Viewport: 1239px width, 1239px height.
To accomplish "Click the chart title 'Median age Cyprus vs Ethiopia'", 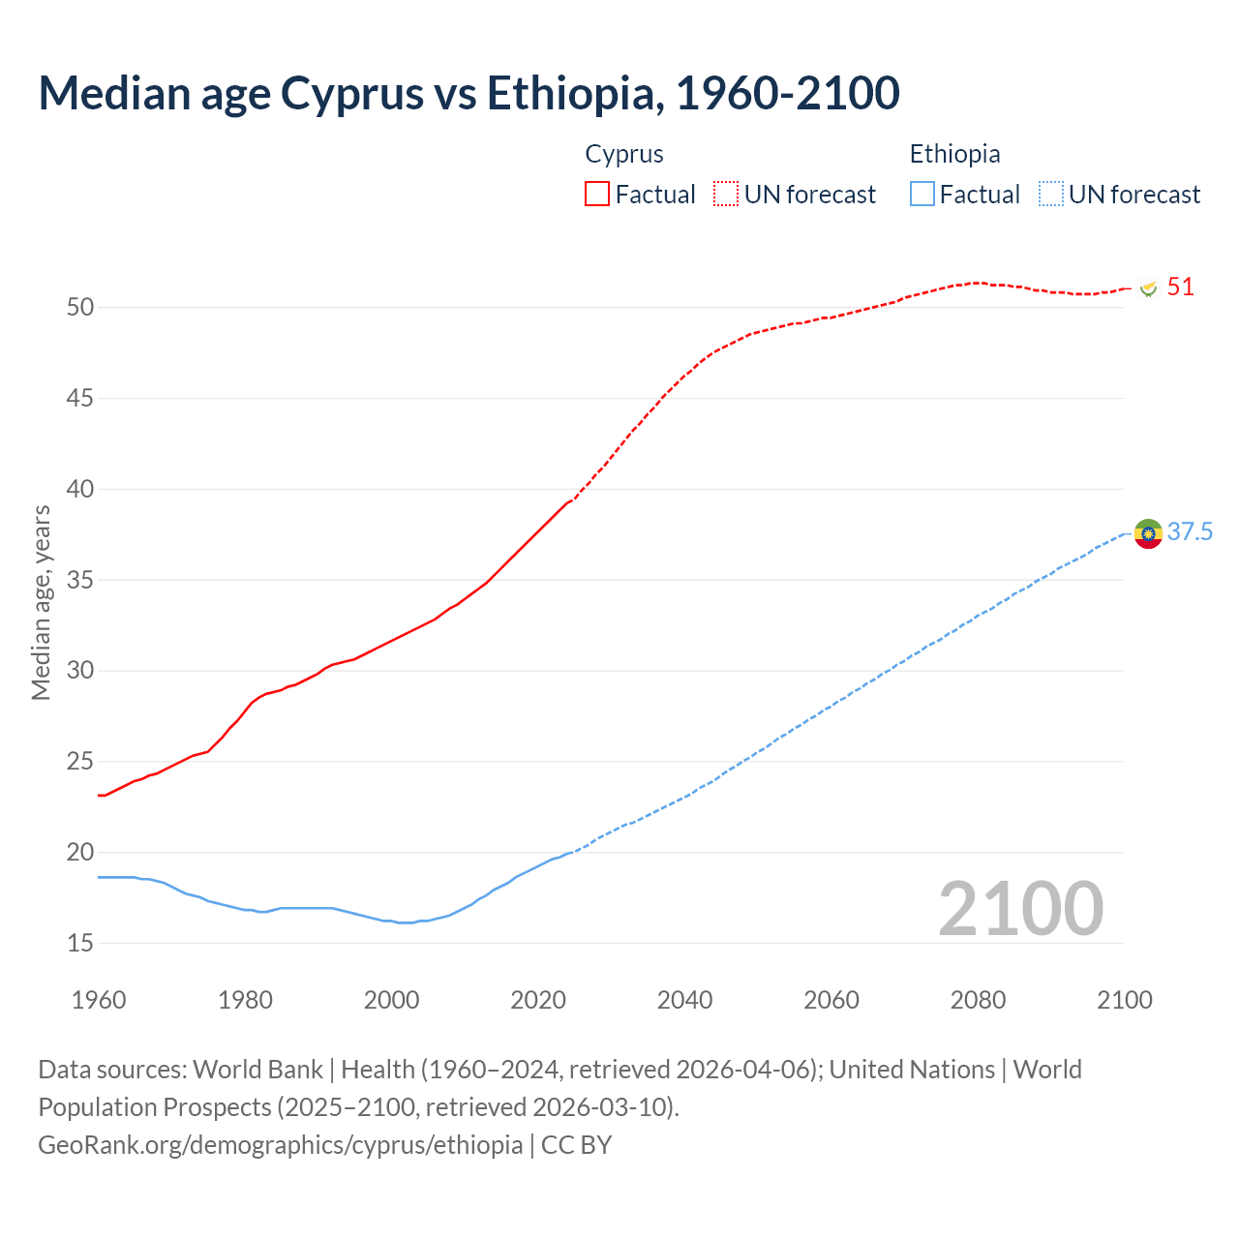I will [468, 93].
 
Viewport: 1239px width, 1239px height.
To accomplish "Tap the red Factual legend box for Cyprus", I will [597, 194].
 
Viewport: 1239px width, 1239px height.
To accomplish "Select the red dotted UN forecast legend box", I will [726, 194].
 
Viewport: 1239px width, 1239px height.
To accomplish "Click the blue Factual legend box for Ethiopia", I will [922, 194].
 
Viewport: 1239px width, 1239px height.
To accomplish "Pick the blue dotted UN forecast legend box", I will [1051, 194].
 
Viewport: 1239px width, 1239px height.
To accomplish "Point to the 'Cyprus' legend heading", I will [624, 154].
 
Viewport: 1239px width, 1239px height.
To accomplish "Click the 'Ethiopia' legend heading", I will [954, 154].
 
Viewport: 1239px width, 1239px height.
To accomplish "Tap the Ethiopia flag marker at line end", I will [1148, 533].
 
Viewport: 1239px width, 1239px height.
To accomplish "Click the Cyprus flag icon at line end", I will [1148, 288].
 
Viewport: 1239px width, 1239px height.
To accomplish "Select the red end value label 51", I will [1180, 287].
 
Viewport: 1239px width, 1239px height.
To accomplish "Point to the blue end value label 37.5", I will [1190, 532].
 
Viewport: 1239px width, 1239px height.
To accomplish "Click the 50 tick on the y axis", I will [80, 308].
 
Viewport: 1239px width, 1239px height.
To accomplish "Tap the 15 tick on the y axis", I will [80, 943].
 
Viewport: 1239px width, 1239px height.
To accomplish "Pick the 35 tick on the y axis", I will [80, 581].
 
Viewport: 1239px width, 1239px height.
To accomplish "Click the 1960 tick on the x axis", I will [99, 1000].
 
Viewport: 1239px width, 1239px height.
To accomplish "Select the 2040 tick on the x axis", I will [684, 1000].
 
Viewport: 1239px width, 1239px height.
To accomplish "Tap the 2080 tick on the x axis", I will [978, 1000].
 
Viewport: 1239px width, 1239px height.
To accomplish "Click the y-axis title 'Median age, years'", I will [41, 602].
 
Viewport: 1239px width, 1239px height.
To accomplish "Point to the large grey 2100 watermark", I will [1020, 908].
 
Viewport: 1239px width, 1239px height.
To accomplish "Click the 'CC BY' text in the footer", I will [577, 1145].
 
